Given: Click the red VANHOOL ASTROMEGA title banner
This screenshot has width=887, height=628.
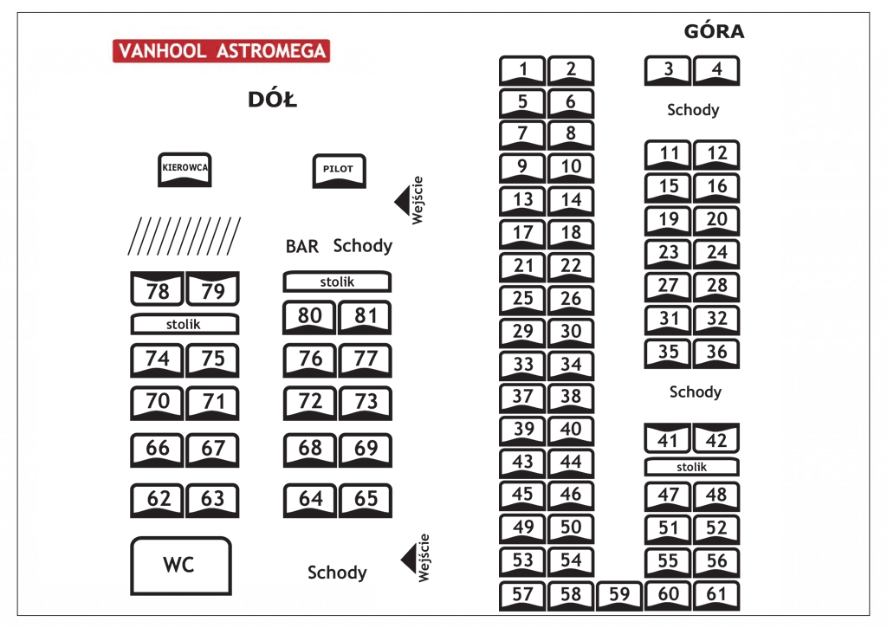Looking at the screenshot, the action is click(221, 51).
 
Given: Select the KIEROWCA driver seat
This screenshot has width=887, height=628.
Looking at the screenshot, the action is click(185, 169).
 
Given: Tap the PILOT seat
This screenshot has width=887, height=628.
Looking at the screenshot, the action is click(339, 171).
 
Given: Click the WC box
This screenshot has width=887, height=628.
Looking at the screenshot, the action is click(181, 566).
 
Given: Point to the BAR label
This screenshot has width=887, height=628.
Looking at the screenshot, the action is click(302, 247).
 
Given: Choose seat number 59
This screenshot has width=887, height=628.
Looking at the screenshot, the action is click(619, 595).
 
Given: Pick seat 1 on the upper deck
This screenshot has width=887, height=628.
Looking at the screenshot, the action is click(522, 70).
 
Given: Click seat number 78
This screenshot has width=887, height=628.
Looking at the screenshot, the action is click(158, 289).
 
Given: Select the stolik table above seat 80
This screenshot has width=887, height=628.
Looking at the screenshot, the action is click(337, 282).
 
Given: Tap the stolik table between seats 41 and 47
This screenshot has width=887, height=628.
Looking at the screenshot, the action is click(692, 467).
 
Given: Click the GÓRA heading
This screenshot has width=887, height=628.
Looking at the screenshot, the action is click(714, 31).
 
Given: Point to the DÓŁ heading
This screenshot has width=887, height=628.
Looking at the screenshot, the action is click(272, 100).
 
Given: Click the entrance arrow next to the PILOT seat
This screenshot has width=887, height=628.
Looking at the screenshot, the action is click(402, 200).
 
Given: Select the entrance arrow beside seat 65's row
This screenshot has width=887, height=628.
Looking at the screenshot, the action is click(409, 559).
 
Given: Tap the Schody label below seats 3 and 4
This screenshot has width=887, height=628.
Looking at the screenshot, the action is click(693, 110).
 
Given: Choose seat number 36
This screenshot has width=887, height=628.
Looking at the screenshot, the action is click(716, 353).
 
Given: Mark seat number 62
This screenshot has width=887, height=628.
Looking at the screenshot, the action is click(158, 500).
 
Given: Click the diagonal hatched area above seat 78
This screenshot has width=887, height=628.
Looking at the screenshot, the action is click(185, 236).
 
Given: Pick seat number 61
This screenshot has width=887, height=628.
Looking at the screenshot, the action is click(716, 595).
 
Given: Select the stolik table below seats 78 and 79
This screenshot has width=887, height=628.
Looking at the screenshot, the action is click(185, 324).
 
